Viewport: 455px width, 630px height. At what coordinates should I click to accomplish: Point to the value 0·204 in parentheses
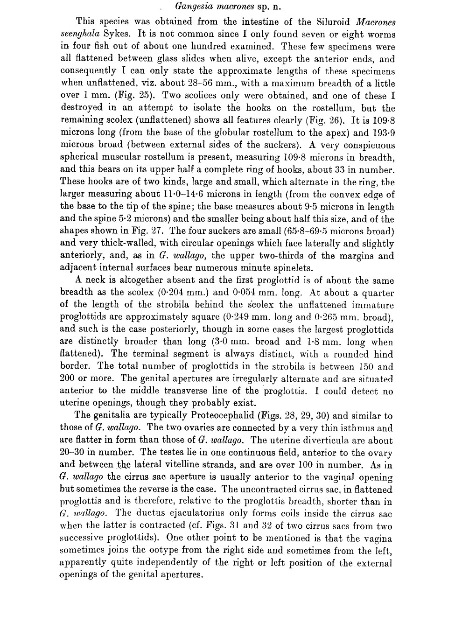(x=189, y=293)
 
